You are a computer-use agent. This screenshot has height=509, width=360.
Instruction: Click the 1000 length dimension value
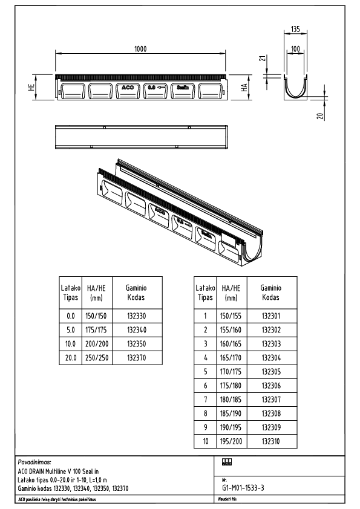coord(140,48)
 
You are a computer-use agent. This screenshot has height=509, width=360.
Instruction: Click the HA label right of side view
coord(245,88)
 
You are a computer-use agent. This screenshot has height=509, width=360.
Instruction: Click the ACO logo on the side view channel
coord(128,88)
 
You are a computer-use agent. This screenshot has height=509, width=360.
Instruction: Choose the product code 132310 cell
coord(270,442)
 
